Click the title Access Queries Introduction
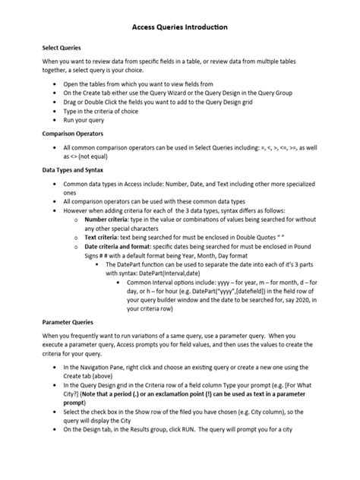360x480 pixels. click(180, 27)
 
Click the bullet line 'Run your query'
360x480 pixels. click(85, 120)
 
